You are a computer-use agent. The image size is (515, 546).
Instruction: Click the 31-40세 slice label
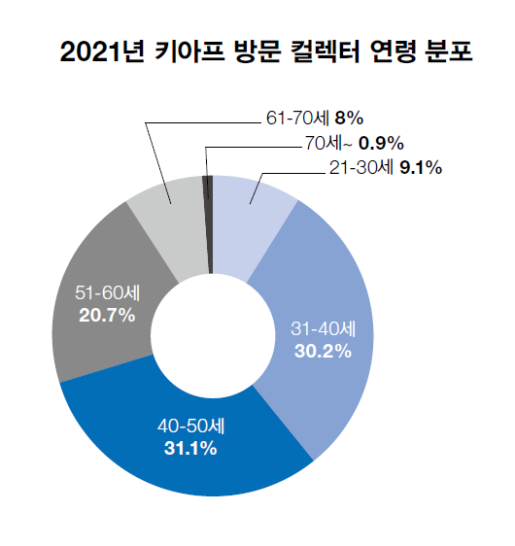pos(323,329)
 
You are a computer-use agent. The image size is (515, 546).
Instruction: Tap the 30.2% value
pos(323,351)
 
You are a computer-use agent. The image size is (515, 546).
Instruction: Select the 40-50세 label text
pos(189,427)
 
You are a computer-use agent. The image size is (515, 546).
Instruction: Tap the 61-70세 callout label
pos(296,119)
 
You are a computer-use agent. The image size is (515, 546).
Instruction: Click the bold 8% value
pos(348,119)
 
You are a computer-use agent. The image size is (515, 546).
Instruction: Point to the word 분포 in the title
pos(448,50)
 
